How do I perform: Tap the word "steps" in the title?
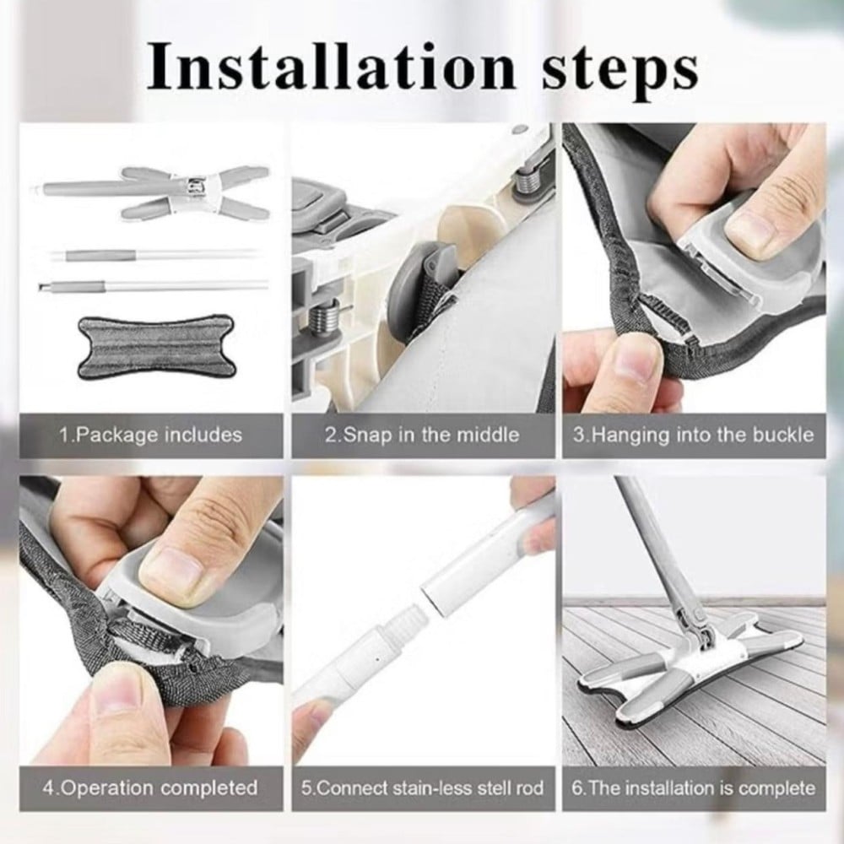pyautogui.click(x=619, y=73)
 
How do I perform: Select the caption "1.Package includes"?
pyautogui.click(x=151, y=435)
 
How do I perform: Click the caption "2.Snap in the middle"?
pyautogui.click(x=422, y=435)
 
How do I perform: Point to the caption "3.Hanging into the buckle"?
pyautogui.click(x=693, y=435)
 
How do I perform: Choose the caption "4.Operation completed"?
pyautogui.click(x=150, y=787)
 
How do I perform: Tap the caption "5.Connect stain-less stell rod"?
pyautogui.click(x=422, y=788)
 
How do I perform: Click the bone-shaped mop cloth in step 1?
pyautogui.click(x=155, y=346)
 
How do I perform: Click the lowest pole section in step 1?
pyautogui.click(x=153, y=284)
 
